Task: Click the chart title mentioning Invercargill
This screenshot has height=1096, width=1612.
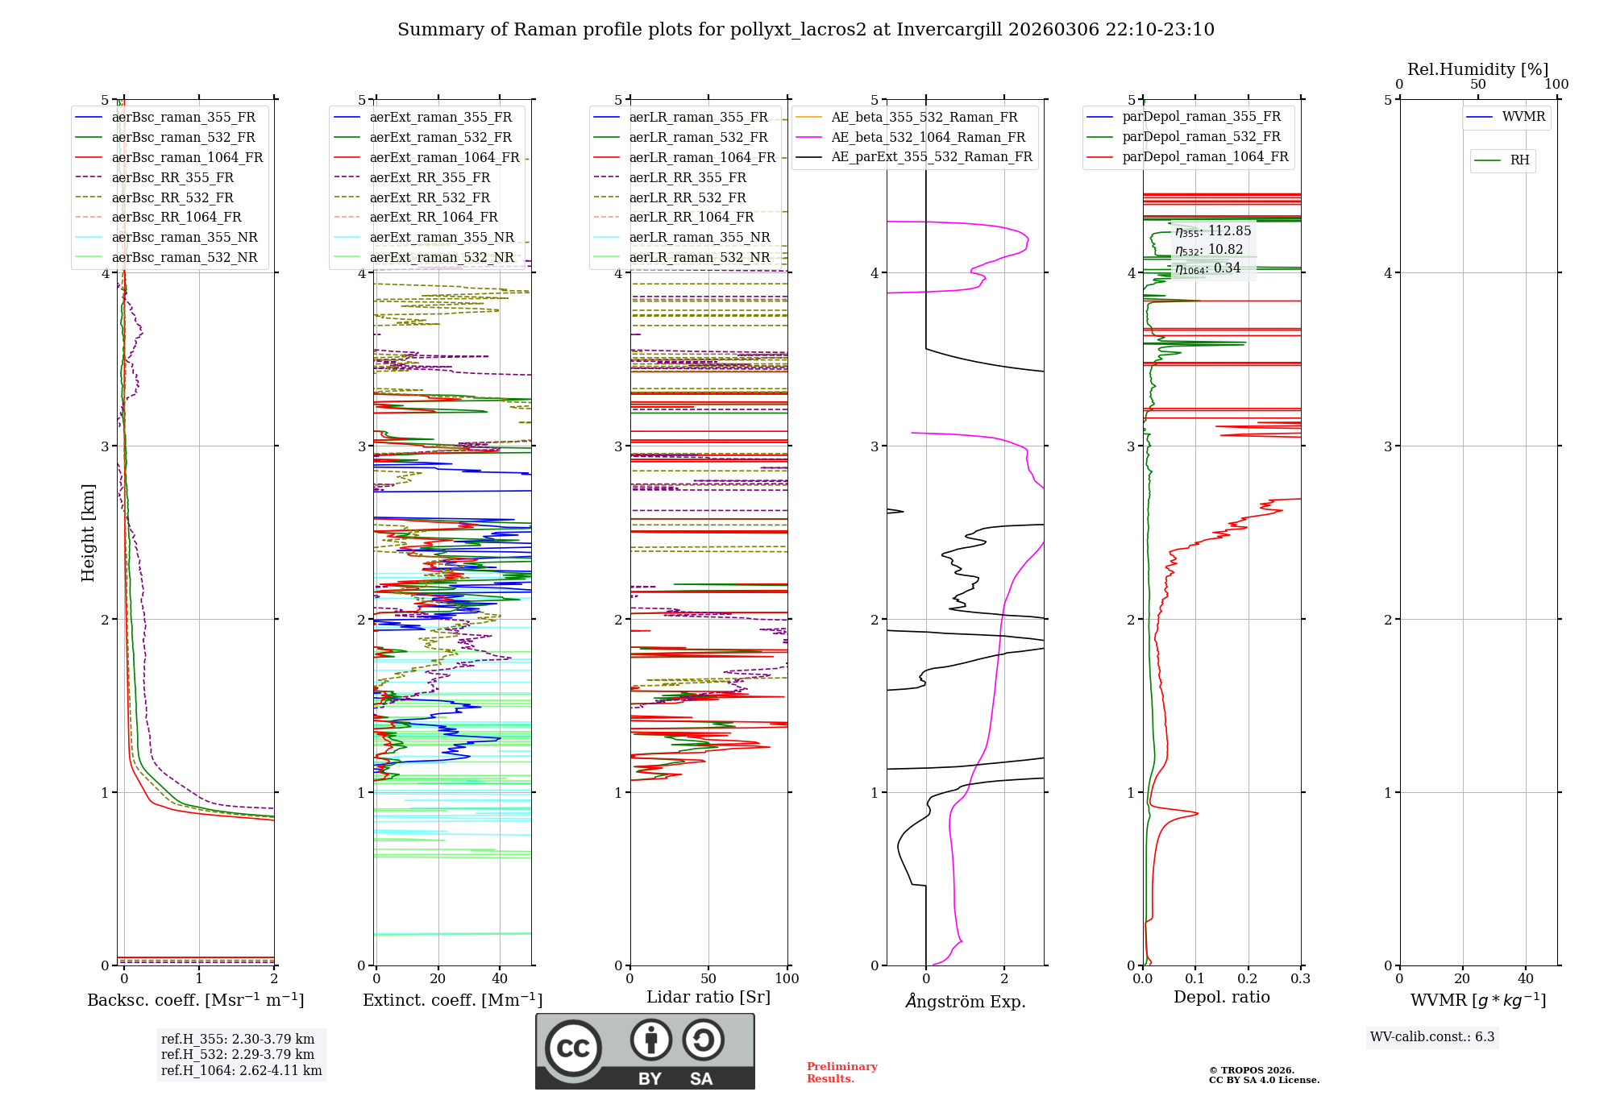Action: click(x=805, y=30)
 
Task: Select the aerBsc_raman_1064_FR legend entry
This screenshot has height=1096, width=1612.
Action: click(x=187, y=157)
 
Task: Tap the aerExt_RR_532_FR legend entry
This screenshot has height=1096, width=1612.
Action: click(x=430, y=197)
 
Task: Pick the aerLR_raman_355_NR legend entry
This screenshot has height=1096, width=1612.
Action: click(x=700, y=237)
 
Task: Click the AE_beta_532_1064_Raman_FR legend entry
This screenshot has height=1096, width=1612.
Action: click(x=928, y=137)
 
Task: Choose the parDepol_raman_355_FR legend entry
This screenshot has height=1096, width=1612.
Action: click(x=1201, y=117)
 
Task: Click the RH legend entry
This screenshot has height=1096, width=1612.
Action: click(x=1519, y=160)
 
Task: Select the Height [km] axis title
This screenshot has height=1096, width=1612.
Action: click(x=88, y=533)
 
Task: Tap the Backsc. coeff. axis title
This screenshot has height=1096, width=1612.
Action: click(x=196, y=1000)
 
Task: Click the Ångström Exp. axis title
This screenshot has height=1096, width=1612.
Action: click(x=966, y=1002)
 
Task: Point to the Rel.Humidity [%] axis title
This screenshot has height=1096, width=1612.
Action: click(x=1477, y=69)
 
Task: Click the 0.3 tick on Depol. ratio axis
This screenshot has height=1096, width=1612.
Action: click(x=1300, y=979)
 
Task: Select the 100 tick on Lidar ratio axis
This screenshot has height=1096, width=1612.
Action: click(x=787, y=979)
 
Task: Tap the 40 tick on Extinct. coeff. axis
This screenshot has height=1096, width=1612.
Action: click(x=500, y=979)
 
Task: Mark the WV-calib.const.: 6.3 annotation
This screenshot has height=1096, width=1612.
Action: click(x=1432, y=1037)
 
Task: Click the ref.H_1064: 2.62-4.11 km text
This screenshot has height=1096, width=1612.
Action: click(x=241, y=1071)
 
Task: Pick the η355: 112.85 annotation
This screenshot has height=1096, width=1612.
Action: click(x=1213, y=231)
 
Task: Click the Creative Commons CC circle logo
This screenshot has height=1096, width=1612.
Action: click(x=573, y=1048)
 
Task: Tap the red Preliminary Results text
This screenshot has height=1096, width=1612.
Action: click(x=841, y=1073)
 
